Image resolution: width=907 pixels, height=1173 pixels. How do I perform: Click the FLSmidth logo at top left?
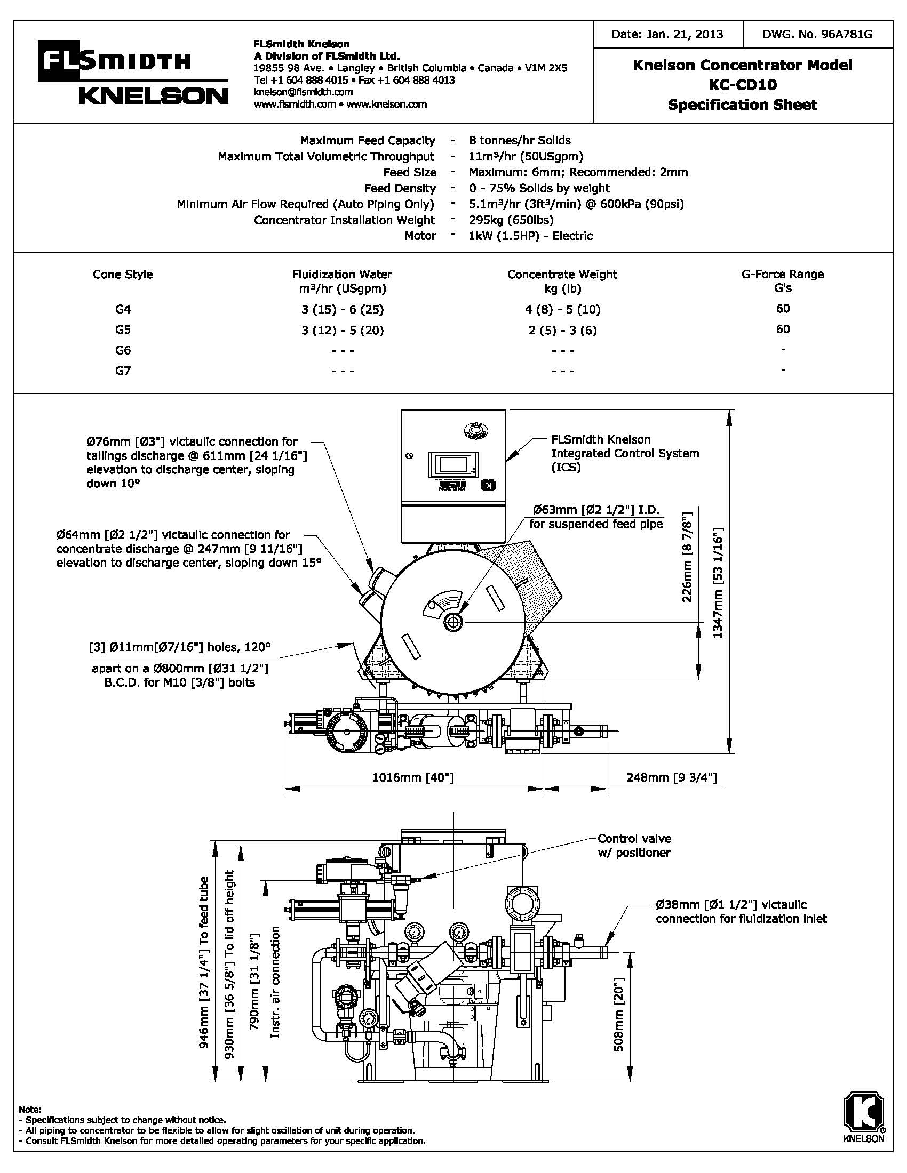pos(113,62)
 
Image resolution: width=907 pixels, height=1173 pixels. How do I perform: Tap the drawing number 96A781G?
pos(817,34)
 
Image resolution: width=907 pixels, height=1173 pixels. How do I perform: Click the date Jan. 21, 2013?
pos(667,34)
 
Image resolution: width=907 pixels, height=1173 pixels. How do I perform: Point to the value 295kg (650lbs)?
pos(511,220)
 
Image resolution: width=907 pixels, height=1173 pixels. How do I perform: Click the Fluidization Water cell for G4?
pos(343,309)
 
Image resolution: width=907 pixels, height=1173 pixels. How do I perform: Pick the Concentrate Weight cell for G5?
pos(562,330)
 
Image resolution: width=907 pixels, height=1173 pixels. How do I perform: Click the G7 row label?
pos(123,370)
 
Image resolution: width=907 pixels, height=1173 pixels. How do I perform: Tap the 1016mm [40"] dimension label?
pos(412,777)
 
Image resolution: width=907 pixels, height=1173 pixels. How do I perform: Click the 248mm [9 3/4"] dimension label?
pos(672,777)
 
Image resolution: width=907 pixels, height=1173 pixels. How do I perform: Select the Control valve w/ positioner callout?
pos(634,846)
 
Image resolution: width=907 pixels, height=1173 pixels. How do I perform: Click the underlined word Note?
pos(29,1109)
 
